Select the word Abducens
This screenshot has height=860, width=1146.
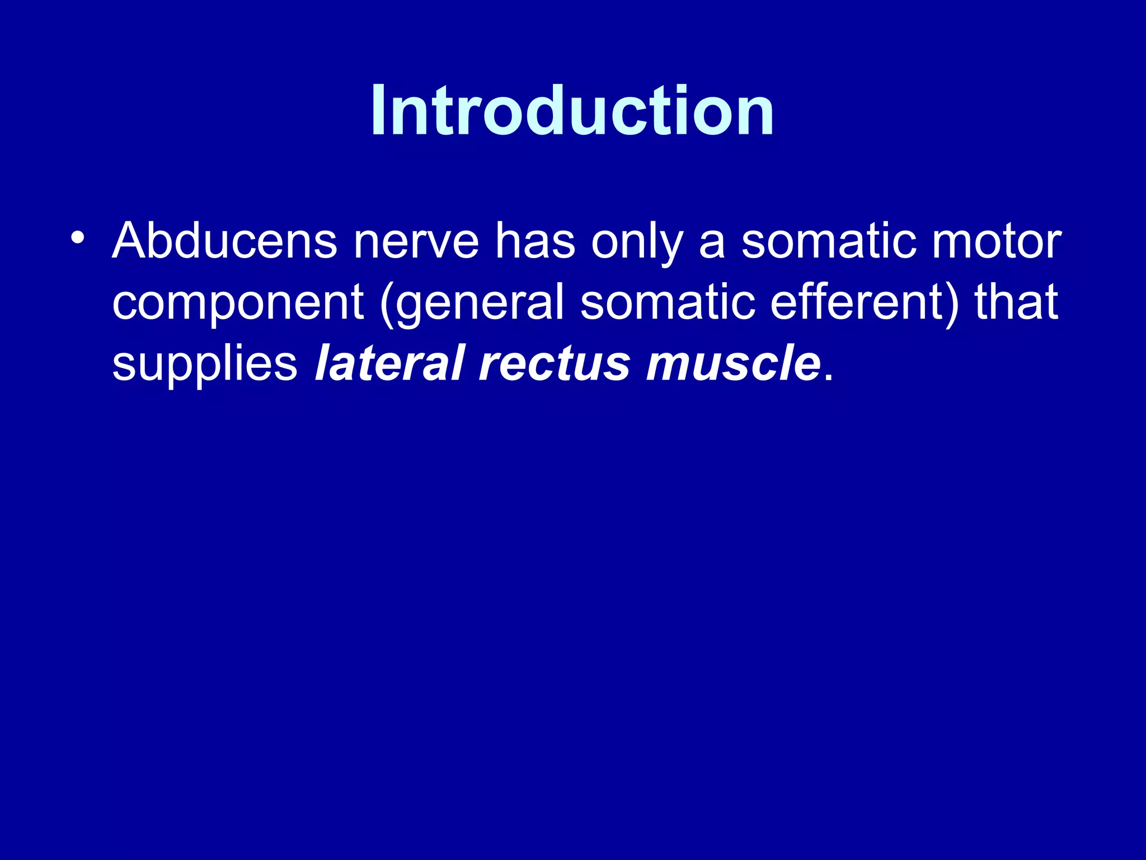click(224, 242)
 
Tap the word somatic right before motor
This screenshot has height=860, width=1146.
click(829, 242)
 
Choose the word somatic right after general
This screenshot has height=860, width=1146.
click(667, 302)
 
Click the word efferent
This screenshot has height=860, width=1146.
click(857, 302)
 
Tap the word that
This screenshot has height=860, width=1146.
click(1016, 302)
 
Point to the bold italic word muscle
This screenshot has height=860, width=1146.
click(733, 363)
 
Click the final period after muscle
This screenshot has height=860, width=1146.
click(829, 378)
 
